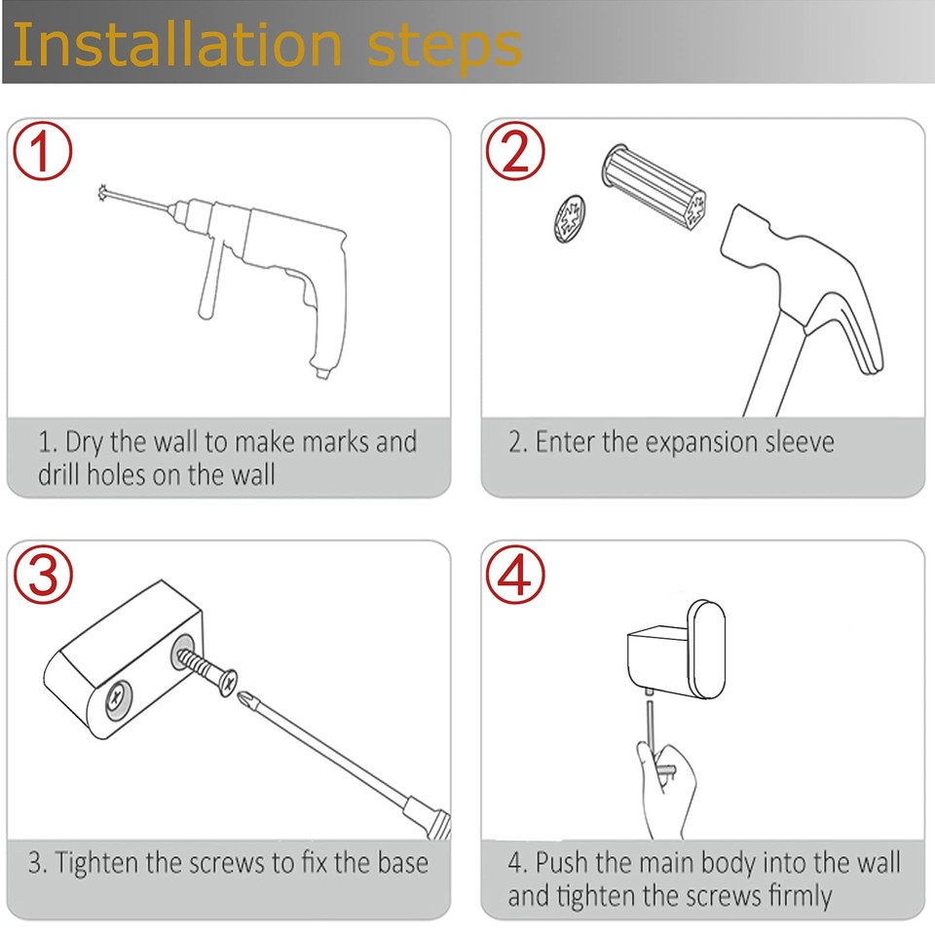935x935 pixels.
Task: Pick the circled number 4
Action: coord(513,575)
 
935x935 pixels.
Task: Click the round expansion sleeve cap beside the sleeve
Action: coord(564,216)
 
